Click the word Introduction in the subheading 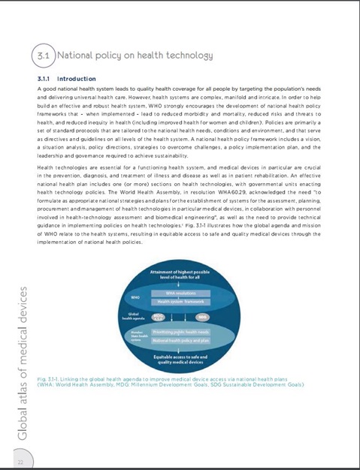77,78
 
